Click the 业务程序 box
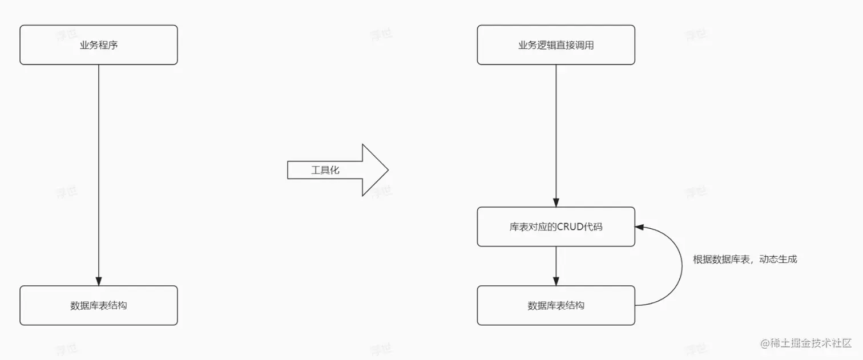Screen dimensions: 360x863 [x=99, y=45]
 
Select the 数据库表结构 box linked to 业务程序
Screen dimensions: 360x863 [x=99, y=305]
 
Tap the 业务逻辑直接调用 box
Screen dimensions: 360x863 [x=556, y=45]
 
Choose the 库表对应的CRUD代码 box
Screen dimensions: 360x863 [x=556, y=226]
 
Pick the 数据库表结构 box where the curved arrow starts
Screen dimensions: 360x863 [x=556, y=305]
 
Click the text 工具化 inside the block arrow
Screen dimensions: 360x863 [x=325, y=170]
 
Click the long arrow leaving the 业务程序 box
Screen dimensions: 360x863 [x=99, y=171]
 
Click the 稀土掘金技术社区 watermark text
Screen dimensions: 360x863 [x=810, y=343]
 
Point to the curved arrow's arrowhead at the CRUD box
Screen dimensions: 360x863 [x=639, y=226]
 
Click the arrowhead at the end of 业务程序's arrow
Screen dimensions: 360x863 [x=99, y=281]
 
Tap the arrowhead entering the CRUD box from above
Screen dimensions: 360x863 [x=556, y=203]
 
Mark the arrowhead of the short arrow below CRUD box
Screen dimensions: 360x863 [x=556, y=281]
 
